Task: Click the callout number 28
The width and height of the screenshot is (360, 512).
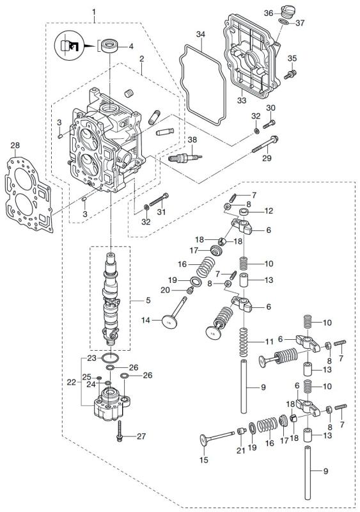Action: click(x=15, y=147)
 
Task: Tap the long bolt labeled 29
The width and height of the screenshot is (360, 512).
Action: click(x=259, y=147)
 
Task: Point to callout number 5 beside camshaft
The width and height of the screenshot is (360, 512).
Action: click(x=131, y=299)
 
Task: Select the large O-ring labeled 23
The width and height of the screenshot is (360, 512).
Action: click(x=111, y=358)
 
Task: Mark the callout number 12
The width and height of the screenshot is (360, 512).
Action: click(x=269, y=211)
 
